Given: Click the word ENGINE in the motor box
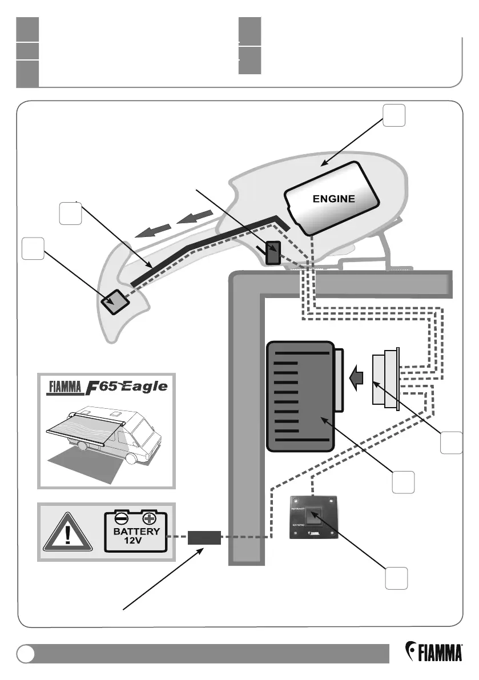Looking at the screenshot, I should (x=333, y=199).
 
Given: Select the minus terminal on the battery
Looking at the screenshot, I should (x=121, y=519).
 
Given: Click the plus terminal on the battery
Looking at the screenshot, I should (x=150, y=519).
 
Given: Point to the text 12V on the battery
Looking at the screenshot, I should (x=135, y=541).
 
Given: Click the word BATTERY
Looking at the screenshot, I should (x=136, y=531).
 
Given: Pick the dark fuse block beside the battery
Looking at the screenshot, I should (x=204, y=538).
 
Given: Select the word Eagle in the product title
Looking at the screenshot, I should (x=143, y=387).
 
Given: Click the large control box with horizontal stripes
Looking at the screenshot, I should (x=300, y=395).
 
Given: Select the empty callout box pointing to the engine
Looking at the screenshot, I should (x=394, y=116).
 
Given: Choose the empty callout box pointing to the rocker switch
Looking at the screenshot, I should (x=395, y=579).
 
